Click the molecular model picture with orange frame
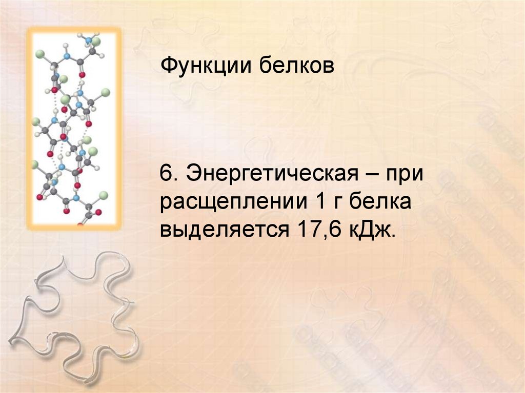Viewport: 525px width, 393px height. (74, 128)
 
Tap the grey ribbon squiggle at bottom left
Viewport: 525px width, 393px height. (77, 318)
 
